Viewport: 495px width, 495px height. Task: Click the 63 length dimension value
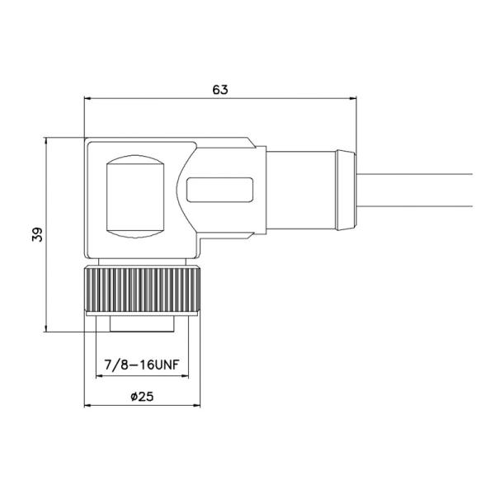click(x=219, y=90)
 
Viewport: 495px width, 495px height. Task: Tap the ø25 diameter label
click(x=142, y=396)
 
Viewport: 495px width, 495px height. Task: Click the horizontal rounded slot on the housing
click(x=221, y=191)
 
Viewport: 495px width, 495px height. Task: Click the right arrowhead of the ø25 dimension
click(x=199, y=406)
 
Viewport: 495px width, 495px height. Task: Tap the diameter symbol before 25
click(x=134, y=397)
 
